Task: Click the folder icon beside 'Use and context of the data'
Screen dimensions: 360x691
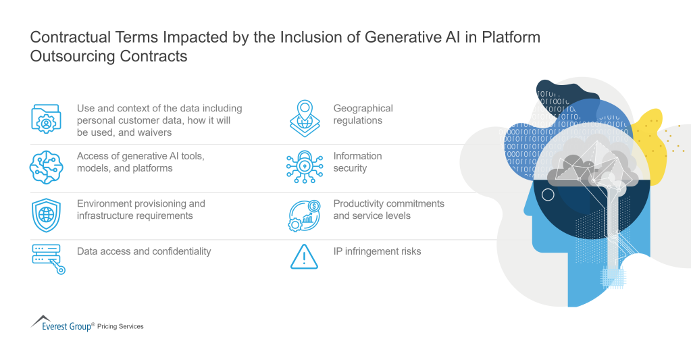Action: [47, 119]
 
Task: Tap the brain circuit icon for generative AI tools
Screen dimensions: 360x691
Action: [47, 167]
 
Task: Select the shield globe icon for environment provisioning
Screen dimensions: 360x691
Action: [47, 215]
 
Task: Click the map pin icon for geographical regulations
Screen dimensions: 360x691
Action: [304, 118]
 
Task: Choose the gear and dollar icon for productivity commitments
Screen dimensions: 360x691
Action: [304, 215]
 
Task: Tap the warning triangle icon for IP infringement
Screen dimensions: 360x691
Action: [304, 257]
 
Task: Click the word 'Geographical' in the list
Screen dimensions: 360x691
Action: [363, 108]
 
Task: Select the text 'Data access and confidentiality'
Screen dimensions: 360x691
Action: [144, 251]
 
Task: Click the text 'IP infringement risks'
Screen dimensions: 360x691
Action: [377, 251]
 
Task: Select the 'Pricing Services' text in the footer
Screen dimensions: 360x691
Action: [120, 327]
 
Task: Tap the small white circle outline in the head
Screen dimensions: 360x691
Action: [548, 195]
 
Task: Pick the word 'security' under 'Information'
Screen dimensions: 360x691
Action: [350, 168]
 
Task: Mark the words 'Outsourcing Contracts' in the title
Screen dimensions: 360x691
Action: [108, 56]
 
